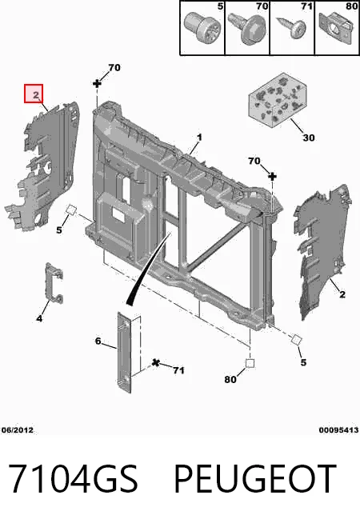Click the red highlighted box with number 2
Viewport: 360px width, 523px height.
click(34, 94)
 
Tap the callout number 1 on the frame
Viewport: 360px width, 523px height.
click(199, 137)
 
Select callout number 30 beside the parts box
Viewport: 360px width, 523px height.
click(309, 138)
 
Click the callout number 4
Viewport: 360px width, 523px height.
click(39, 318)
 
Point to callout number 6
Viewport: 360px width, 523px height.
click(98, 341)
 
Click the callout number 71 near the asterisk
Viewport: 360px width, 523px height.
click(178, 370)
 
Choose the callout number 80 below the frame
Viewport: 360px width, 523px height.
click(230, 379)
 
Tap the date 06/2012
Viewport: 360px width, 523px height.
click(18, 430)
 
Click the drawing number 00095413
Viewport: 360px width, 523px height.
click(338, 430)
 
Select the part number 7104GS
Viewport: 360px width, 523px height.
click(73, 479)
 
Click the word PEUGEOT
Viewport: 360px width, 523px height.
click(255, 479)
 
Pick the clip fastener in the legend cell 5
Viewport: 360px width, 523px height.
click(202, 28)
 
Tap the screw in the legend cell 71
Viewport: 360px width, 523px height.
click(292, 29)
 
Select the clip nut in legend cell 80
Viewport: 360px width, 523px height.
click(336, 28)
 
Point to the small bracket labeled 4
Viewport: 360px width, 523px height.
click(54, 283)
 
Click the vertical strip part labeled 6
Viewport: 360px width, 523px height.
click(124, 352)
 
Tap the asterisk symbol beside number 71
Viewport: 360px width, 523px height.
click(155, 362)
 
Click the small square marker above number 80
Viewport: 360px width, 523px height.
click(250, 363)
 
